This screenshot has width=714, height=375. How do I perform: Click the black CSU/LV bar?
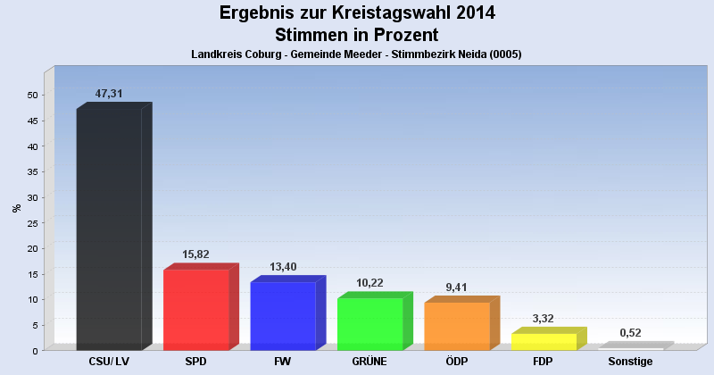(109, 229)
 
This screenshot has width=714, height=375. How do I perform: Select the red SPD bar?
(196, 309)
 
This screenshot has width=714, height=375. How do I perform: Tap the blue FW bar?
(283, 315)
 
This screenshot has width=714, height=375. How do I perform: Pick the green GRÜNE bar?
(369, 323)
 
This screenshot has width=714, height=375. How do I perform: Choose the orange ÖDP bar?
(457, 326)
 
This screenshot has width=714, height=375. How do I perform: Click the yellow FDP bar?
(544, 341)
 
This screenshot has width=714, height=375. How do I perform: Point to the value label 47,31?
(109, 94)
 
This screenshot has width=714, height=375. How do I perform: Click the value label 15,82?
(195, 254)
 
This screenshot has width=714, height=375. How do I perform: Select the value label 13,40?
(283, 267)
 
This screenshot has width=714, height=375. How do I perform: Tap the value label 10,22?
(369, 283)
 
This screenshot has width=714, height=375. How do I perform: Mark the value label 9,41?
(457, 287)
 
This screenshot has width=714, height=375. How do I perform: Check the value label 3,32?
(544, 319)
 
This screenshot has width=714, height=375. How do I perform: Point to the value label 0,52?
(631, 333)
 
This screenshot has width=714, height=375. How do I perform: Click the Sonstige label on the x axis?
(631, 362)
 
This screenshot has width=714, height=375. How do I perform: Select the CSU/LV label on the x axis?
(109, 362)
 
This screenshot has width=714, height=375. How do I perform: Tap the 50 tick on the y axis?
(33, 95)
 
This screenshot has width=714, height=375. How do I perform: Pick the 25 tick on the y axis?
(33, 222)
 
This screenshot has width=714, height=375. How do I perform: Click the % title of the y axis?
(16, 208)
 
